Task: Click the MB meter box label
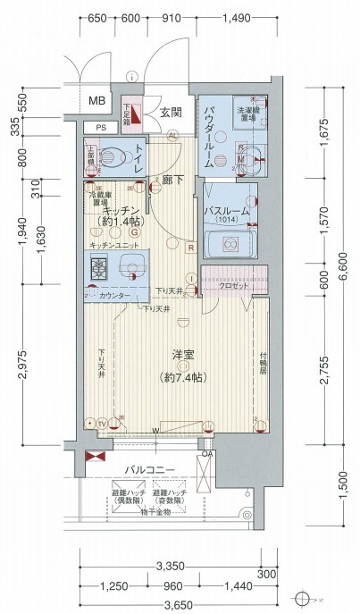tap(96, 101)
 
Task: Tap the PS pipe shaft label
tap(100, 128)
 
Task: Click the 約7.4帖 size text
tap(182, 376)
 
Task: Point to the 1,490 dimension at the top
tap(237, 19)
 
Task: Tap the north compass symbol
tap(305, 598)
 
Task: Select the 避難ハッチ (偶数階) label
tap(130, 497)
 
